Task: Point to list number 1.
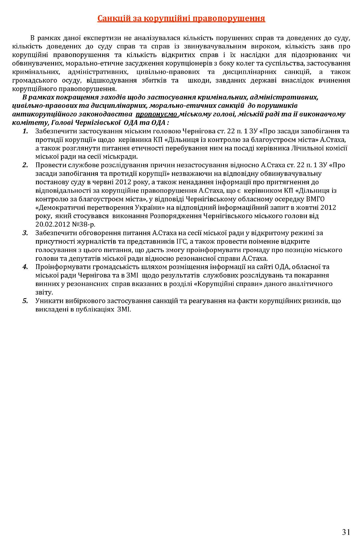[x=25, y=131]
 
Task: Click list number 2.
[x=25, y=165]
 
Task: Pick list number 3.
[x=25, y=233]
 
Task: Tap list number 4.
[x=25, y=267]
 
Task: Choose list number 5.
[x=25, y=301]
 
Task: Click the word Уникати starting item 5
[x=48, y=301]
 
